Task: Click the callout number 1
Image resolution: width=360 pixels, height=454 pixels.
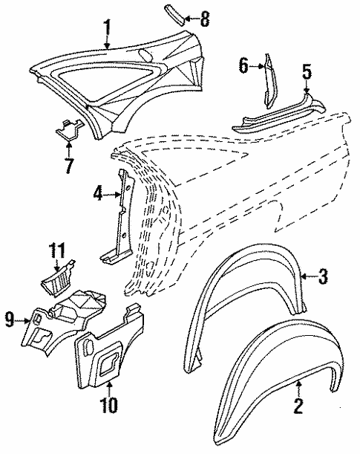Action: pos(108,29)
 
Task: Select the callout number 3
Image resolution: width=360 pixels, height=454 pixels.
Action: pos(323,277)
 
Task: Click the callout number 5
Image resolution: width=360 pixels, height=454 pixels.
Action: pos(307,72)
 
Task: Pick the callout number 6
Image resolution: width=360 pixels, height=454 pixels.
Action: pos(242,66)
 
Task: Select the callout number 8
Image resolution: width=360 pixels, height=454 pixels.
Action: pos(205,16)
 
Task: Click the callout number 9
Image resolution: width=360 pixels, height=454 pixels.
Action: pos(10,320)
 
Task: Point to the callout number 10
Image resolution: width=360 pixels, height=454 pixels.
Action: pos(108,406)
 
